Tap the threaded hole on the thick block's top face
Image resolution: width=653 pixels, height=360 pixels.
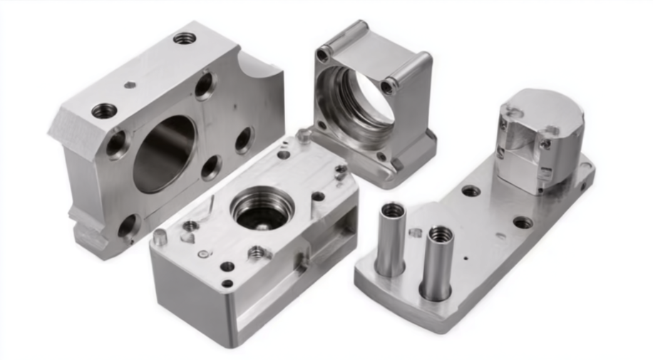tap(185, 38)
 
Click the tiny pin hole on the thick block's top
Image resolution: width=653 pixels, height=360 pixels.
tap(130, 85)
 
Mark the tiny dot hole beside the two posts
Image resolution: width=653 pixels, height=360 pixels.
tap(466, 257)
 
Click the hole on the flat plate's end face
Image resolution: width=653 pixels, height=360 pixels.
tap(585, 187)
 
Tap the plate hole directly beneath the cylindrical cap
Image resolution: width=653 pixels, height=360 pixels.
tap(523, 222)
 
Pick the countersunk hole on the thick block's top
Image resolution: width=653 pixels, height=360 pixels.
tap(105, 111)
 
